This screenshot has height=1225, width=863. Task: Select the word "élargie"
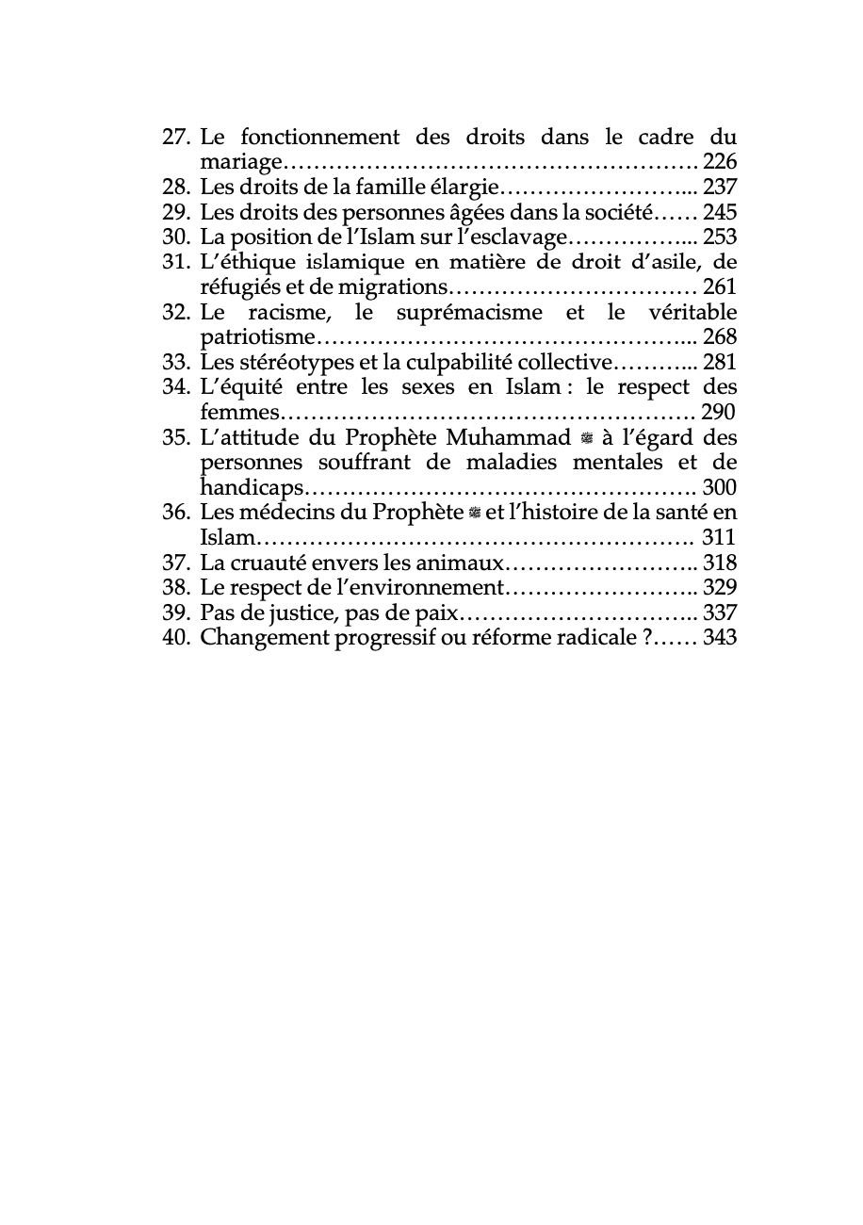point(462,188)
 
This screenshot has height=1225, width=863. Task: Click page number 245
point(720,212)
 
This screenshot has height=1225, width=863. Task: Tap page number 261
point(720,287)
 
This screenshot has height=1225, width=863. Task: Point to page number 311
point(720,538)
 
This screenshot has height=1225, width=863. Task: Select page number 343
point(720,638)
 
